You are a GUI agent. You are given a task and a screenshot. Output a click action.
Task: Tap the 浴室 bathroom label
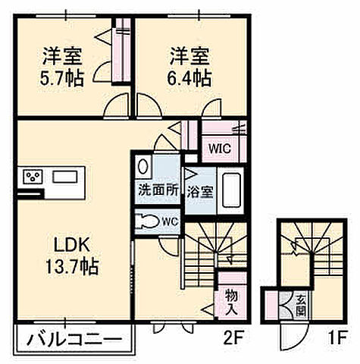[x=200, y=191]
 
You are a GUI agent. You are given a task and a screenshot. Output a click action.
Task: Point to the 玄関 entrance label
[x=300, y=305]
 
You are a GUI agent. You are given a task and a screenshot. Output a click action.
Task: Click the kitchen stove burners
[x=33, y=178]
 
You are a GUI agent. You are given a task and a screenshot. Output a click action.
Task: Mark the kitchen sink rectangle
[x=64, y=178]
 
